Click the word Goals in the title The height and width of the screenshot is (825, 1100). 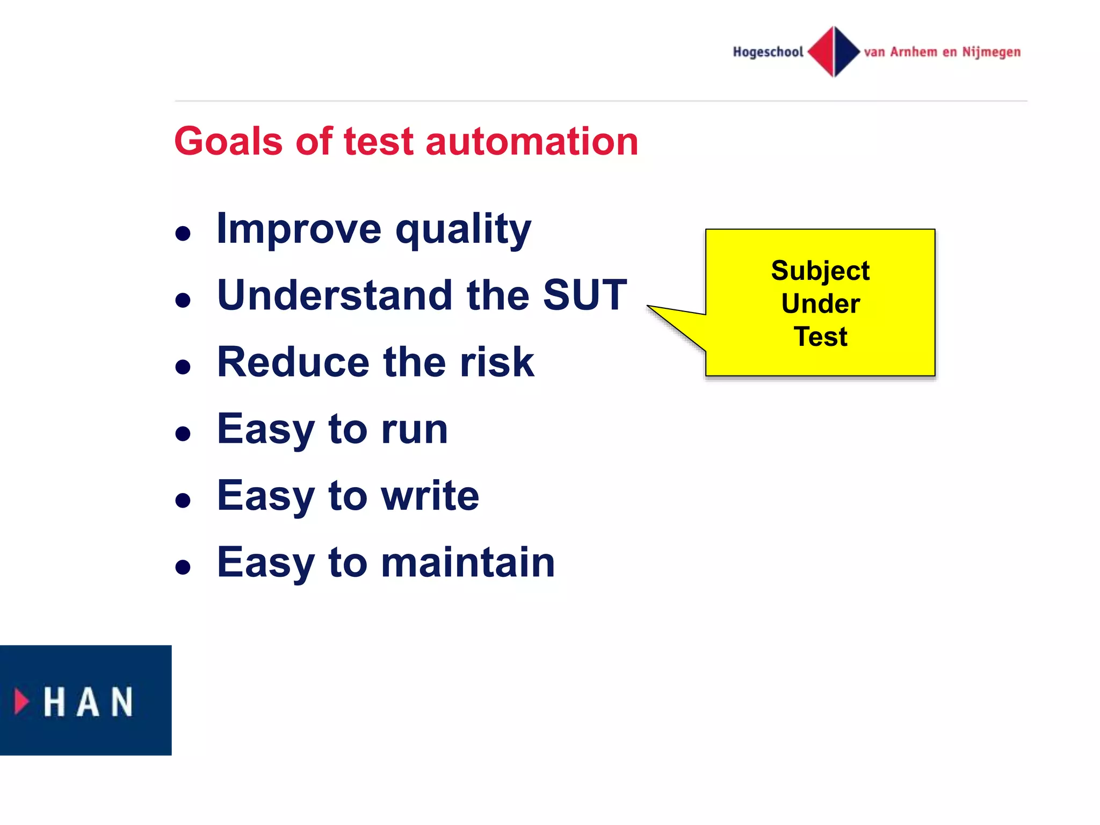228,142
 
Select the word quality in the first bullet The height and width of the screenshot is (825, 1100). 463,230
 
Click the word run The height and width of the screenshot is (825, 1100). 414,429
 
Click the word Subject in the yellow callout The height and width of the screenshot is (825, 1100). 820,271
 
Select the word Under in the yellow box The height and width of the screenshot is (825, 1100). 820,304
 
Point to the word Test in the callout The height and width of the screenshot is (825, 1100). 820,337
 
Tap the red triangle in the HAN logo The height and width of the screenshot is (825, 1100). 21,701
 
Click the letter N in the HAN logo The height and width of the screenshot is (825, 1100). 122,701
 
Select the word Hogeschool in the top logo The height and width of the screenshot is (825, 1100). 768,52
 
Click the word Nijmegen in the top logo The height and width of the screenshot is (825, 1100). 991,52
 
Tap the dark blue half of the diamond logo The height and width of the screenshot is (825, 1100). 846,52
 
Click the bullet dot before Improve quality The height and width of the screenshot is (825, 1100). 183,234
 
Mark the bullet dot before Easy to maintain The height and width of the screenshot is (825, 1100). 183,567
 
